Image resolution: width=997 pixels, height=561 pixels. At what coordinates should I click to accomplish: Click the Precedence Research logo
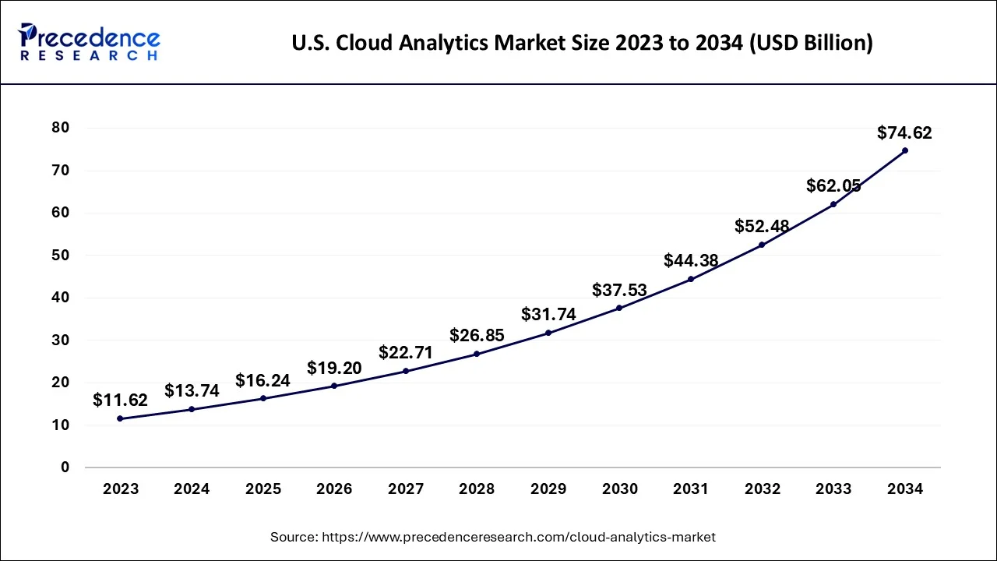click(x=90, y=42)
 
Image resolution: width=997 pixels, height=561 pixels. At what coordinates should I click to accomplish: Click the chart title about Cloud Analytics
click(x=582, y=44)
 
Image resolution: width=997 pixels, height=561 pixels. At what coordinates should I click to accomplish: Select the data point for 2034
click(x=904, y=150)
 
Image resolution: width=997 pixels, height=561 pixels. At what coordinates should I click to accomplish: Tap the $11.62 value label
click(x=120, y=400)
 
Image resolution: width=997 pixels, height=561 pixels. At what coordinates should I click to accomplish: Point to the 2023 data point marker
click(x=120, y=418)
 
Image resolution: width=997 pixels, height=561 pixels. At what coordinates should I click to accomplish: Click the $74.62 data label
click(x=904, y=132)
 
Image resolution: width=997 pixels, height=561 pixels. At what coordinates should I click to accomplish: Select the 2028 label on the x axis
click(x=477, y=489)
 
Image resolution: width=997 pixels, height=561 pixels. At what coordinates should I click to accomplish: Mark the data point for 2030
click(x=619, y=308)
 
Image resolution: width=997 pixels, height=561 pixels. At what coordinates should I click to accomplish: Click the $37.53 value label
click(x=619, y=290)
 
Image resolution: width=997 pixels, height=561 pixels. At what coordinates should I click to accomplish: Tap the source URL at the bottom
click(x=492, y=537)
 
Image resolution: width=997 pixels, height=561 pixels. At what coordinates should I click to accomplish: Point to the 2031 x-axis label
click(x=691, y=489)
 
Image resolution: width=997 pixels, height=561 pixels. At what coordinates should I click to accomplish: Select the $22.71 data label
click(x=405, y=352)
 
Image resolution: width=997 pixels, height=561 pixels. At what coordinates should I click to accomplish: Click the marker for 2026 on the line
click(x=334, y=386)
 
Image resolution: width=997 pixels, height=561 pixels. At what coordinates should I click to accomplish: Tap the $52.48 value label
click(x=762, y=226)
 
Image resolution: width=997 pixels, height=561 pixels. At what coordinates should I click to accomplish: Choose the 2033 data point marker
click(x=833, y=204)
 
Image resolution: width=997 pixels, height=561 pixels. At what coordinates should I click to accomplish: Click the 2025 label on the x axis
click(x=263, y=489)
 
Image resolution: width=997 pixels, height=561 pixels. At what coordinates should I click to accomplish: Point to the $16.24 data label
click(x=262, y=380)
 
